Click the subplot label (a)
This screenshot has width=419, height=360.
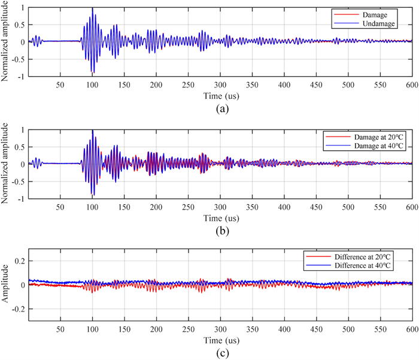(221, 109)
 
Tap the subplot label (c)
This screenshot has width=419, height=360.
(221, 352)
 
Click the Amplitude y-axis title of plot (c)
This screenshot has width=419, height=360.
(7, 285)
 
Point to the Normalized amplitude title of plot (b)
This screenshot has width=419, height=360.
(7, 165)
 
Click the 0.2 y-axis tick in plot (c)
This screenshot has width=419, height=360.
(17, 261)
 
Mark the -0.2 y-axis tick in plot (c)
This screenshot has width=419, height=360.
(16, 309)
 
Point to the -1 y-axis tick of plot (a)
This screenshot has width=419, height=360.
(20, 77)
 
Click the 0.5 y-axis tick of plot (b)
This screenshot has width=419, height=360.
(18, 147)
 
